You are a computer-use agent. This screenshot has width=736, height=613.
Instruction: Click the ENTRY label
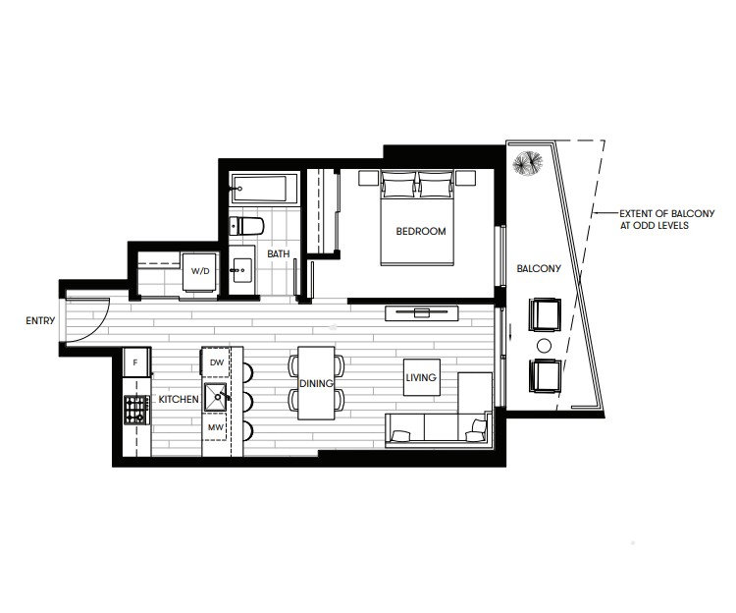(x=40, y=321)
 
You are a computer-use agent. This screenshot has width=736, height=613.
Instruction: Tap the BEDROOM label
(x=421, y=231)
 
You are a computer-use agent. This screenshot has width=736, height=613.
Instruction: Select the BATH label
(x=279, y=253)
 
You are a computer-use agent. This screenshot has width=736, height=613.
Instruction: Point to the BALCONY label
(x=539, y=269)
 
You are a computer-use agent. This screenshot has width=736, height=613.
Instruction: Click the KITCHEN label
(x=179, y=399)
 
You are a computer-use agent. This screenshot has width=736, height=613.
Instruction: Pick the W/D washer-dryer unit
(x=199, y=271)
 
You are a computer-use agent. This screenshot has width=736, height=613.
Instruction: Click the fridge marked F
(x=136, y=362)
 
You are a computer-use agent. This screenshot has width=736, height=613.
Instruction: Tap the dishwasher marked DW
(x=216, y=362)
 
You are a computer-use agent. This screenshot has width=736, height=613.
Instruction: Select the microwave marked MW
(x=215, y=427)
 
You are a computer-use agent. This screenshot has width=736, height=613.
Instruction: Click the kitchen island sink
(x=216, y=398)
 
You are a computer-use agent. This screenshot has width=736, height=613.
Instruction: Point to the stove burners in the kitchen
(x=135, y=409)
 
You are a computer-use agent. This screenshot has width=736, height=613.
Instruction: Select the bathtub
(x=263, y=189)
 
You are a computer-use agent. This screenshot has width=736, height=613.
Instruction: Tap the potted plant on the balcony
(x=528, y=162)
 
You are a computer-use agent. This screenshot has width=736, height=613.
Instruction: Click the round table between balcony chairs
(x=544, y=346)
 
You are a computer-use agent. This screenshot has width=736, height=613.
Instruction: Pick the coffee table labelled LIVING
(x=422, y=377)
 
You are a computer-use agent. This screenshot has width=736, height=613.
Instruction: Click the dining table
(x=316, y=383)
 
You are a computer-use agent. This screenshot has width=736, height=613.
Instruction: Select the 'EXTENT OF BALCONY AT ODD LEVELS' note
(x=667, y=219)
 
